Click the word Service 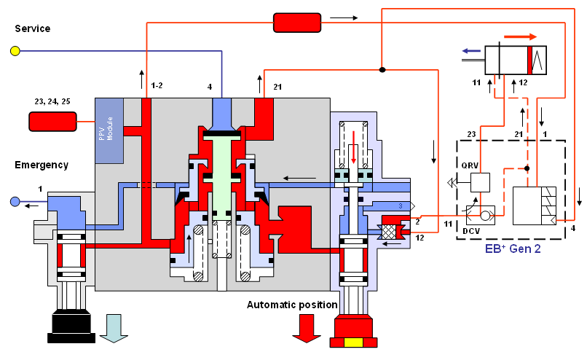point(33,28)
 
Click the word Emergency point(42,165)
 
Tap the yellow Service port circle point(15,50)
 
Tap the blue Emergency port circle point(15,201)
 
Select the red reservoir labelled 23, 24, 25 point(52,122)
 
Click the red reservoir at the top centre point(297,23)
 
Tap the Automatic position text point(292,305)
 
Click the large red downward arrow point(305,329)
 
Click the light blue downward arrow point(114,327)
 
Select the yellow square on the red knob point(354,344)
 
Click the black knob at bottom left point(70,324)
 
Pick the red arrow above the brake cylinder point(520,36)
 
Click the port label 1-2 point(157,87)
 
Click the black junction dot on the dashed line point(527,168)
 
